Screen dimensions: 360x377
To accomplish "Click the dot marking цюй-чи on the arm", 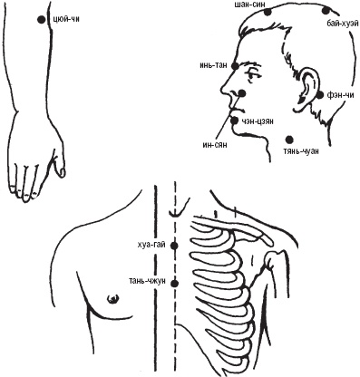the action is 41,20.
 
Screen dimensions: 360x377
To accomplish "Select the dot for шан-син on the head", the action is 268,12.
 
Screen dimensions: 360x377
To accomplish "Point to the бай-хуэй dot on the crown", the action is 326,11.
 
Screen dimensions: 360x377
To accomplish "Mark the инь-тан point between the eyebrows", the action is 235,65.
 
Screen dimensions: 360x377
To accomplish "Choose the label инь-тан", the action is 213,65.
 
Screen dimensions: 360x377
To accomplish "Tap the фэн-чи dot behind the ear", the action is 320,95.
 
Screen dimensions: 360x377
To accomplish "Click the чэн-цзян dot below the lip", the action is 234,121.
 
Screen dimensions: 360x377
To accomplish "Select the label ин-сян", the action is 215,144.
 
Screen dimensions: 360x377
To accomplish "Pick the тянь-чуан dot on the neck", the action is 289,140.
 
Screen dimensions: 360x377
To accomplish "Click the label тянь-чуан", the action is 301,151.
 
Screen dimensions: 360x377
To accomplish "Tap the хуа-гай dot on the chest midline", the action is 174,246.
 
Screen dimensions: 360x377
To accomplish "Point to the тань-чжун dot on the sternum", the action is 174,284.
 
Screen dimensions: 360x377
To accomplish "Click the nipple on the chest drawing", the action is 112,299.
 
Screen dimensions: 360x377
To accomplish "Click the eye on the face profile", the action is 252,74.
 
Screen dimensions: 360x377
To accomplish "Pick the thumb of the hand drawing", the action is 60,165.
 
